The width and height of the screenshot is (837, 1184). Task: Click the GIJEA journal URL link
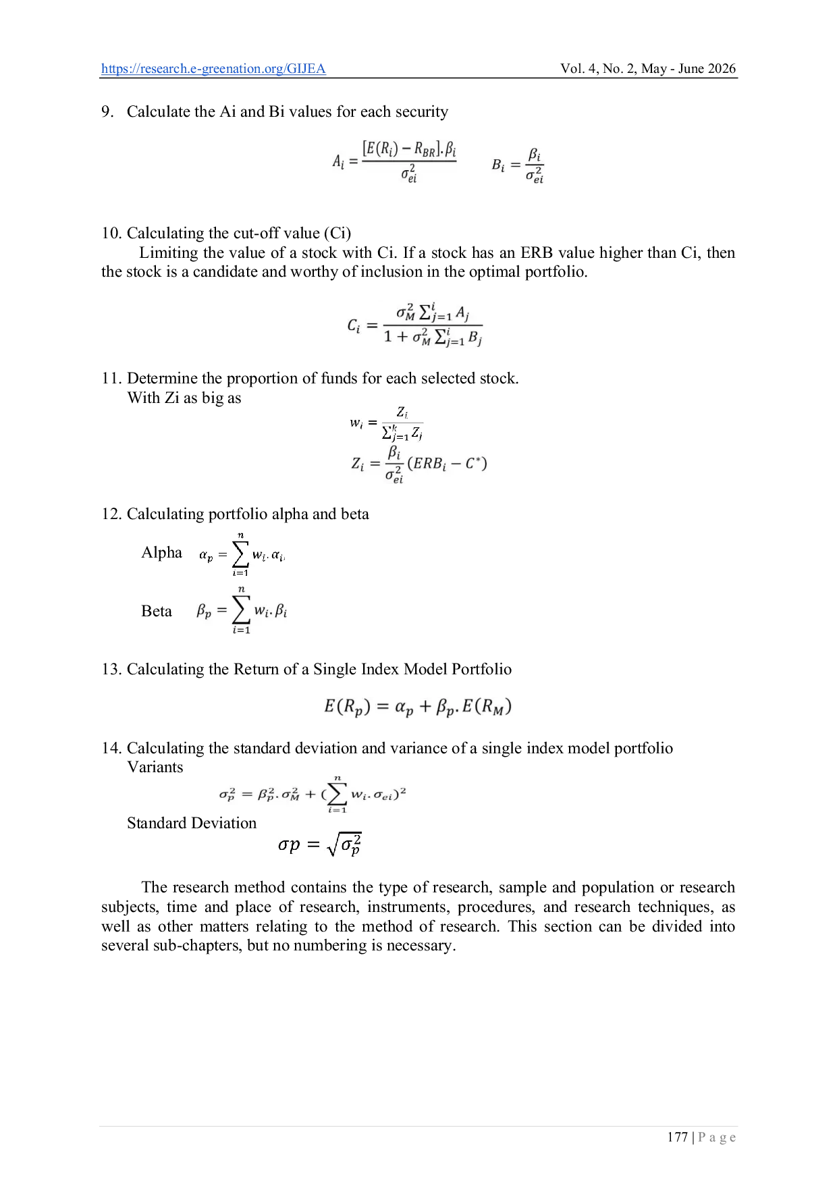click(213, 69)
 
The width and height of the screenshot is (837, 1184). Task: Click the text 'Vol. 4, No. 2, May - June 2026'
click(648, 68)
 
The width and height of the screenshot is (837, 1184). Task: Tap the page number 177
click(677, 1137)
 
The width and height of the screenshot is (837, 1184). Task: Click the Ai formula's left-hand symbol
click(338, 161)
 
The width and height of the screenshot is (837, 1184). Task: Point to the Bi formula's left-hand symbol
click(497, 165)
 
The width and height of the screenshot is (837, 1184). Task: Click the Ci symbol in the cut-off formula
click(354, 326)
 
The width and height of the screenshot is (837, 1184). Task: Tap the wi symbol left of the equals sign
click(356, 424)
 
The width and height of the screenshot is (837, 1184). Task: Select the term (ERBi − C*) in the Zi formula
click(447, 464)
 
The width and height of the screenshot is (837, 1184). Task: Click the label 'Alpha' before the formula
click(162, 552)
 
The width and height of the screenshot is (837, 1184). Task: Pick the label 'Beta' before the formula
click(157, 611)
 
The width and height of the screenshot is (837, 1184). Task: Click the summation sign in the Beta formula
click(241, 610)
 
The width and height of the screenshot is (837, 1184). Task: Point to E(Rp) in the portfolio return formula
click(347, 707)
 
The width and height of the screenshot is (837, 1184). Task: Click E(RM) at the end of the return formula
click(487, 707)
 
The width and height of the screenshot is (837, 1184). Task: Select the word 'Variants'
click(155, 767)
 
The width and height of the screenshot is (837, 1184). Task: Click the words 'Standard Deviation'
click(192, 823)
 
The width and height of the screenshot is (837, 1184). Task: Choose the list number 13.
click(111, 669)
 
